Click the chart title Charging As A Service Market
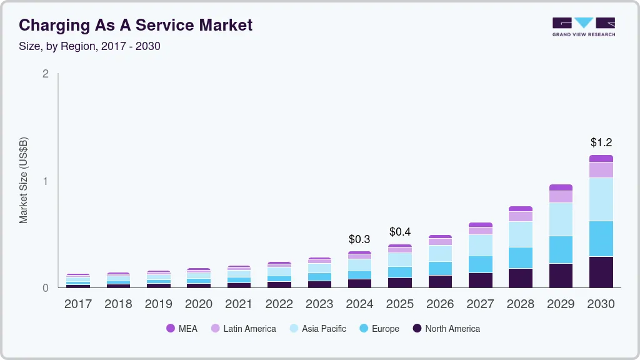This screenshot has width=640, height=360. (136, 25)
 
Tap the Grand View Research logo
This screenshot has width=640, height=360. (583, 27)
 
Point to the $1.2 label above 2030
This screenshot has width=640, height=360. (601, 143)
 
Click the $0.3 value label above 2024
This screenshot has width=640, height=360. (359, 239)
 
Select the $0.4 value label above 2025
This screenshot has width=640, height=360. (399, 232)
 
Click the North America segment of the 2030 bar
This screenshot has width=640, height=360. (601, 272)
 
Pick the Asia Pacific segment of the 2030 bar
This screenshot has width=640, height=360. (601, 199)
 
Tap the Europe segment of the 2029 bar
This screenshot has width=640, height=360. (561, 249)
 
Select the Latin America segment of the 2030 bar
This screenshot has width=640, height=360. (601, 170)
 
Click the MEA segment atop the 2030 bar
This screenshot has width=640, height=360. (601, 159)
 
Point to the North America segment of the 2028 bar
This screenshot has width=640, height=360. (521, 277)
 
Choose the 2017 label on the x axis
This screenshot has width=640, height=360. (78, 304)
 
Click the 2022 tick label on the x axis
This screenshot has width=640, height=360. (279, 304)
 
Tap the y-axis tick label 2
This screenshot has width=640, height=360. (46, 74)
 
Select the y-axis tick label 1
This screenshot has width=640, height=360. (46, 181)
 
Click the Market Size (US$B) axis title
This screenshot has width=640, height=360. (24, 181)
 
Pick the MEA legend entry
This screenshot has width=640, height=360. (182, 329)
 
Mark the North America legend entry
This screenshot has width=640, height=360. (446, 329)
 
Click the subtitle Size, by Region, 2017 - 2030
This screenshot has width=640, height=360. (89, 46)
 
